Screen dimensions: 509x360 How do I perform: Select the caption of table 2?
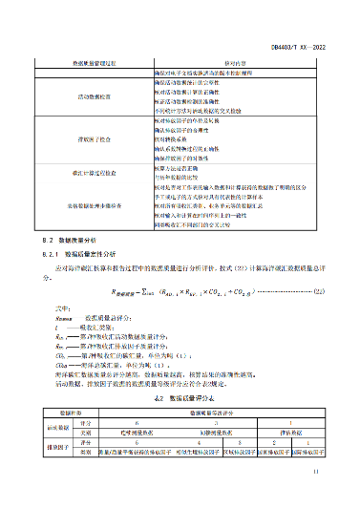pos(180,395)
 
